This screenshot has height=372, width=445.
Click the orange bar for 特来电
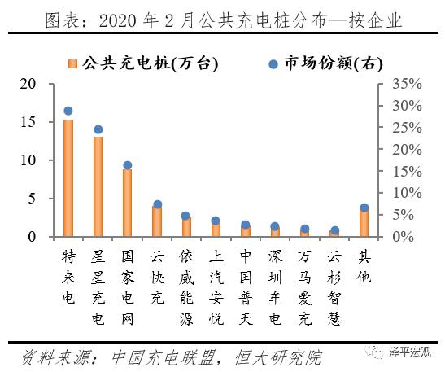tap(68, 178)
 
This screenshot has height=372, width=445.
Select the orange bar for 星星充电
tap(98, 186)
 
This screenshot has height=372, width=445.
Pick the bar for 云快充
tap(157, 221)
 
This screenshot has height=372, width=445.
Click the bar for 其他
tap(364, 222)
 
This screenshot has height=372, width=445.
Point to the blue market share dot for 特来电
tap(68, 111)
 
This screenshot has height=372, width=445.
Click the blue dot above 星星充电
tap(98, 129)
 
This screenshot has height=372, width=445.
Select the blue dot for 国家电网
tap(128, 165)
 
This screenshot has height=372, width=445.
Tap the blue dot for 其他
tap(364, 208)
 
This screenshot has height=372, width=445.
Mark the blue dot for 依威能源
tap(186, 216)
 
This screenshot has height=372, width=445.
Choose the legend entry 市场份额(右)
tap(325, 63)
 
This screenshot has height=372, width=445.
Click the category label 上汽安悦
tap(216, 276)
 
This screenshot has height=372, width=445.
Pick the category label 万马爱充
tap(304, 276)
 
